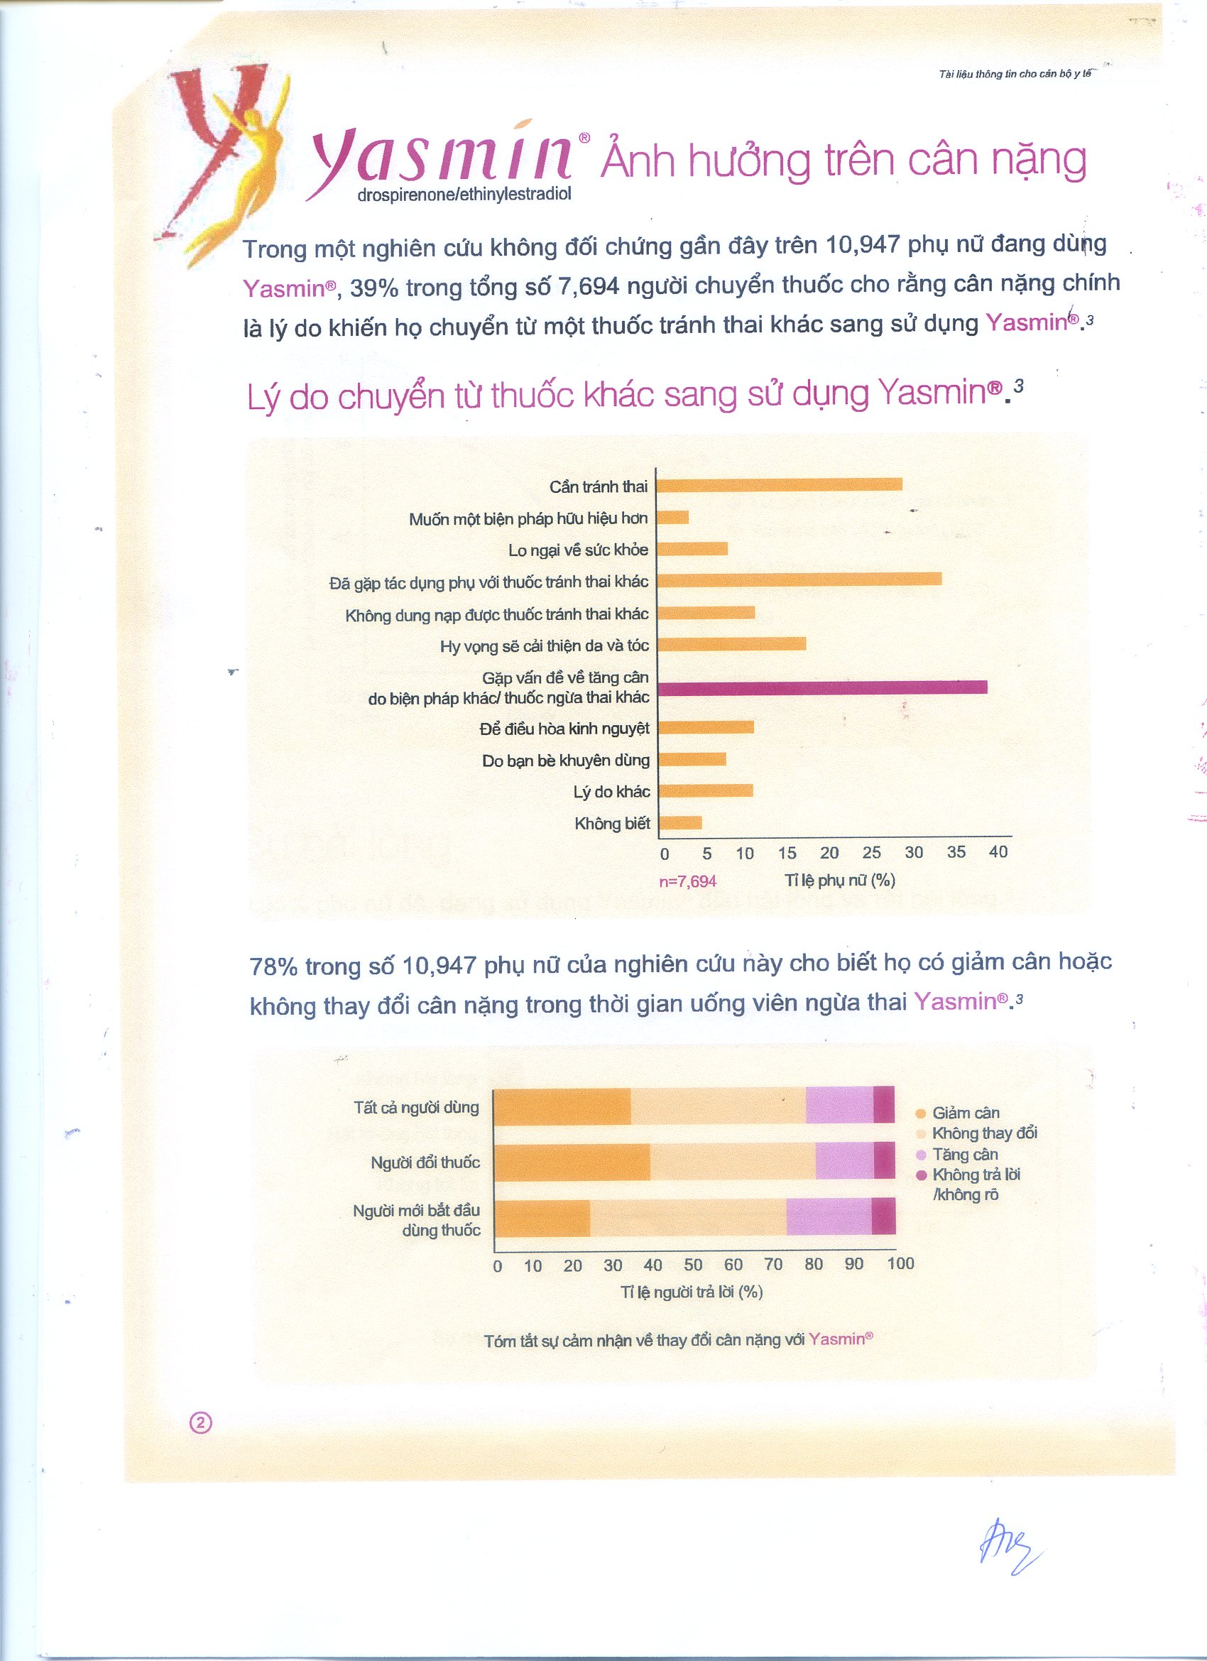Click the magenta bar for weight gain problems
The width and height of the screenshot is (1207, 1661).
pyautogui.click(x=821, y=687)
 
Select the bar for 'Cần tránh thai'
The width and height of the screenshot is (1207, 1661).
pyautogui.click(x=780, y=484)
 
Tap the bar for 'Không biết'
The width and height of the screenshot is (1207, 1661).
pyautogui.click(x=679, y=822)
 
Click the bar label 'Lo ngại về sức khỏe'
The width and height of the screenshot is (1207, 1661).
pyautogui.click(x=578, y=550)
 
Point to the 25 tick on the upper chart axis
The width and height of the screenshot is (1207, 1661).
pyautogui.click(x=872, y=852)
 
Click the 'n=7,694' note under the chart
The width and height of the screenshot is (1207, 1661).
pyautogui.click(x=688, y=881)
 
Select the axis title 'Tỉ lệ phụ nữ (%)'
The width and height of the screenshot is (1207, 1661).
pyautogui.click(x=840, y=880)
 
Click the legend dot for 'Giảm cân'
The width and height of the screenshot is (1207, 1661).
pyautogui.click(x=922, y=1114)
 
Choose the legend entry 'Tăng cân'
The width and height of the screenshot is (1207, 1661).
pyautogui.click(x=965, y=1155)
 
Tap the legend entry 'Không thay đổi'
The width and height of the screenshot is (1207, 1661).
pyautogui.click(x=984, y=1133)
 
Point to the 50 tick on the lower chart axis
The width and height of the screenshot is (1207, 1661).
pyautogui.click(x=693, y=1265)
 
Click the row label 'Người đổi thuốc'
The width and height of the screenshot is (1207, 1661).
pyautogui.click(x=425, y=1162)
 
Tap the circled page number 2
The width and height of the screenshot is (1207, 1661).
pyautogui.click(x=201, y=1422)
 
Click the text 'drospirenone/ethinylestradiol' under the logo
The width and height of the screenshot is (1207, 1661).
pyautogui.click(x=464, y=195)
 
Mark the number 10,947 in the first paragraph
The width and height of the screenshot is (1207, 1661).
pyautogui.click(x=862, y=244)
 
